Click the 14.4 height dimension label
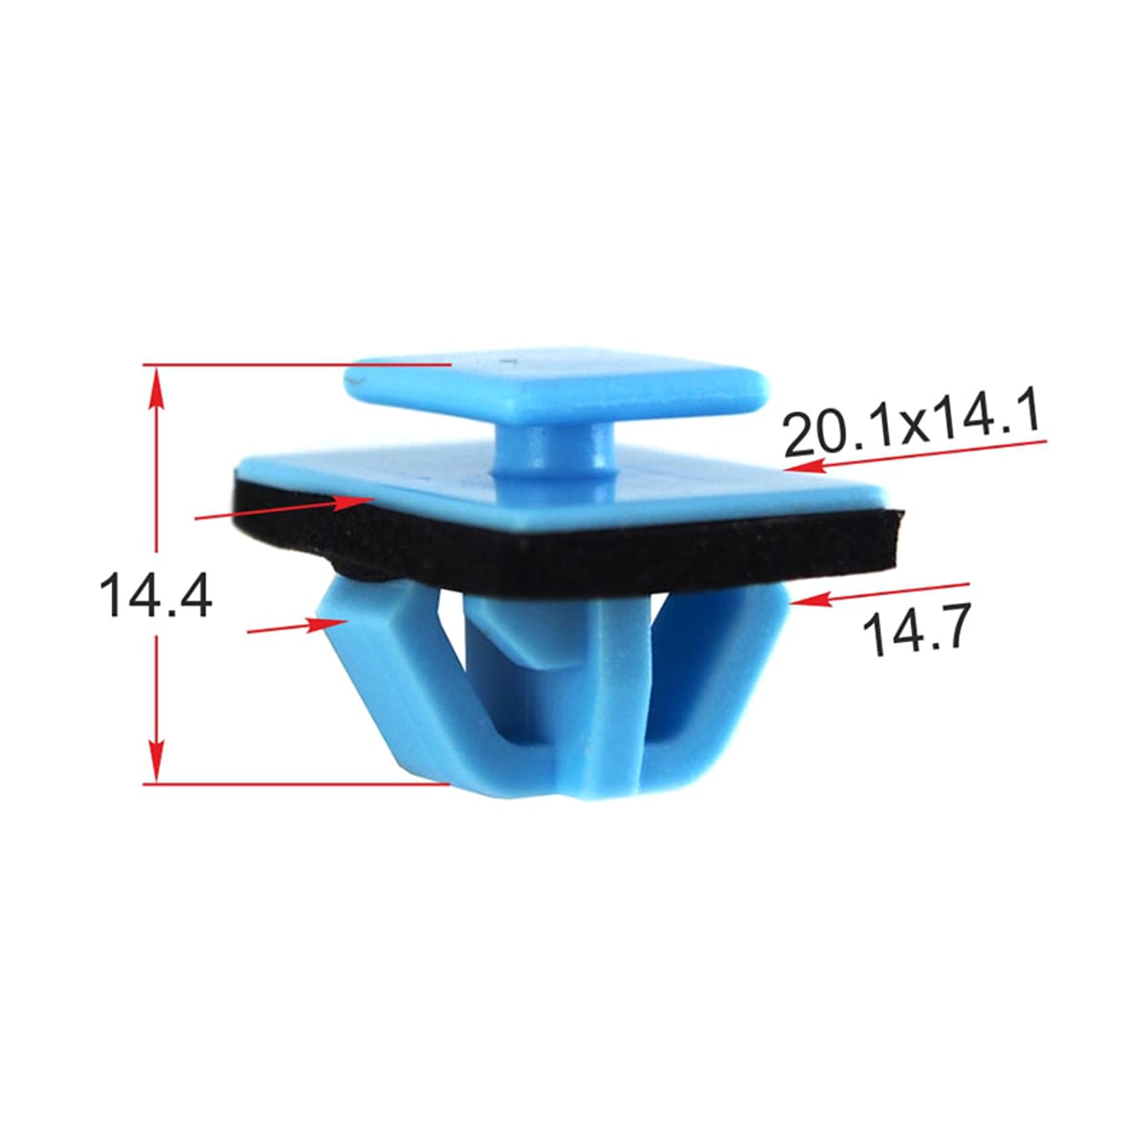156,594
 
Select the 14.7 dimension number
916,628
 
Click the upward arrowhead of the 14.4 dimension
156,387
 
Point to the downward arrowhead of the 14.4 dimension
156,761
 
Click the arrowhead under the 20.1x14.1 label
805,465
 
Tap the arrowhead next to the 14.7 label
811,600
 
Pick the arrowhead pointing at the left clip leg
326,625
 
